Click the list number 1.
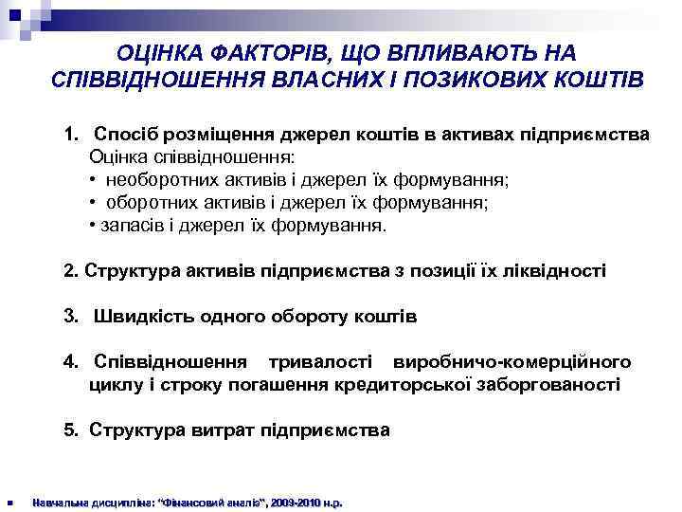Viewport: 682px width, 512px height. tap(70, 135)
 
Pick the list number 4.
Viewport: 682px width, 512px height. tap(70, 362)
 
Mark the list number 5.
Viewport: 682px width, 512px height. tap(70, 430)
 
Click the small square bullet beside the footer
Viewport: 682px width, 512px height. tap(9, 502)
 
